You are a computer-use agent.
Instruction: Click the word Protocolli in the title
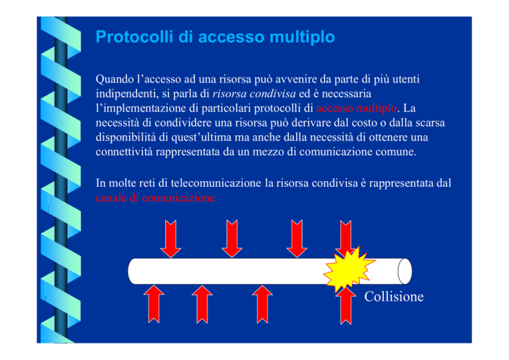(135, 36)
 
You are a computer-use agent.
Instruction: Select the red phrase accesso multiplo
(357, 108)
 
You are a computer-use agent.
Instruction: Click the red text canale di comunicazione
(155, 198)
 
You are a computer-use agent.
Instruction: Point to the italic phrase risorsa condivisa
(254, 94)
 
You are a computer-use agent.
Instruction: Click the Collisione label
(394, 296)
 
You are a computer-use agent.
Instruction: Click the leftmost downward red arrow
(171, 239)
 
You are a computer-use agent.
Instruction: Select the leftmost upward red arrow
(154, 304)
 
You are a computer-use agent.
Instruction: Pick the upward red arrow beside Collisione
(346, 306)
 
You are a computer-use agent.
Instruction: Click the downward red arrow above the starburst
(346, 237)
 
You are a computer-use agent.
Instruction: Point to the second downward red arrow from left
(232, 239)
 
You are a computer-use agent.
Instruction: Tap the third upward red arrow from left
(262, 304)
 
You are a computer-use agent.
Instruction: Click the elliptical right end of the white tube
(405, 271)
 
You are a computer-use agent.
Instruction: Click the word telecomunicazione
(216, 183)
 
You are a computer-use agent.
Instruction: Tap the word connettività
(124, 152)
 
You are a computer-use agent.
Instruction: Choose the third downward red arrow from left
(297, 239)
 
